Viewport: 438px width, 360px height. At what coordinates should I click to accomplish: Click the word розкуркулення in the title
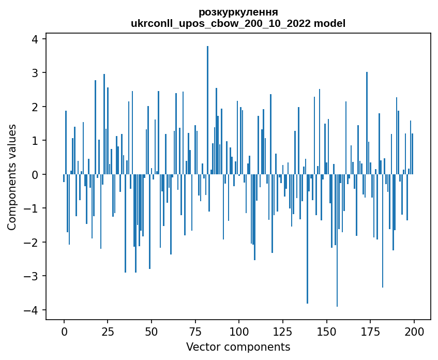[238, 12]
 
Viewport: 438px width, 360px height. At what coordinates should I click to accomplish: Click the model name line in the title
[238, 23]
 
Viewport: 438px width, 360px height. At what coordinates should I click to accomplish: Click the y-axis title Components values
[12, 177]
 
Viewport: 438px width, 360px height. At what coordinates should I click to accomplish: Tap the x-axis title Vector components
[238, 347]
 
